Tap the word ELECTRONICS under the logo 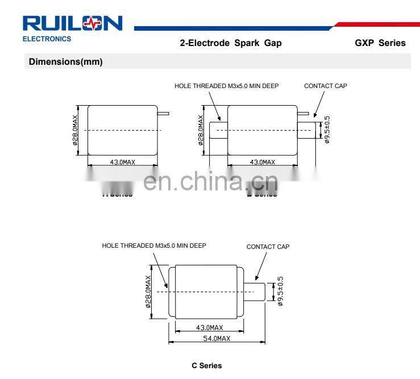click(47, 39)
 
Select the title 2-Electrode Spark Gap click(230, 43)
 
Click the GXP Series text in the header click(380, 43)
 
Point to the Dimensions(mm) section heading click(65, 62)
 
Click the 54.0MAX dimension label click(217, 338)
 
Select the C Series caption click(207, 365)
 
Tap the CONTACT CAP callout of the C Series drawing click(268, 247)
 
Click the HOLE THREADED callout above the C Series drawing click(154, 245)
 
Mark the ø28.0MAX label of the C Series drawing click(148, 291)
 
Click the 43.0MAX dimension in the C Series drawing click(209, 328)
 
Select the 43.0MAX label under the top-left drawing click(123, 162)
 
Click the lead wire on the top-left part click(163, 113)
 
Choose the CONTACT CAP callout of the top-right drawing click(325, 86)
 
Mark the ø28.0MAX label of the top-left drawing click(76, 130)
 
